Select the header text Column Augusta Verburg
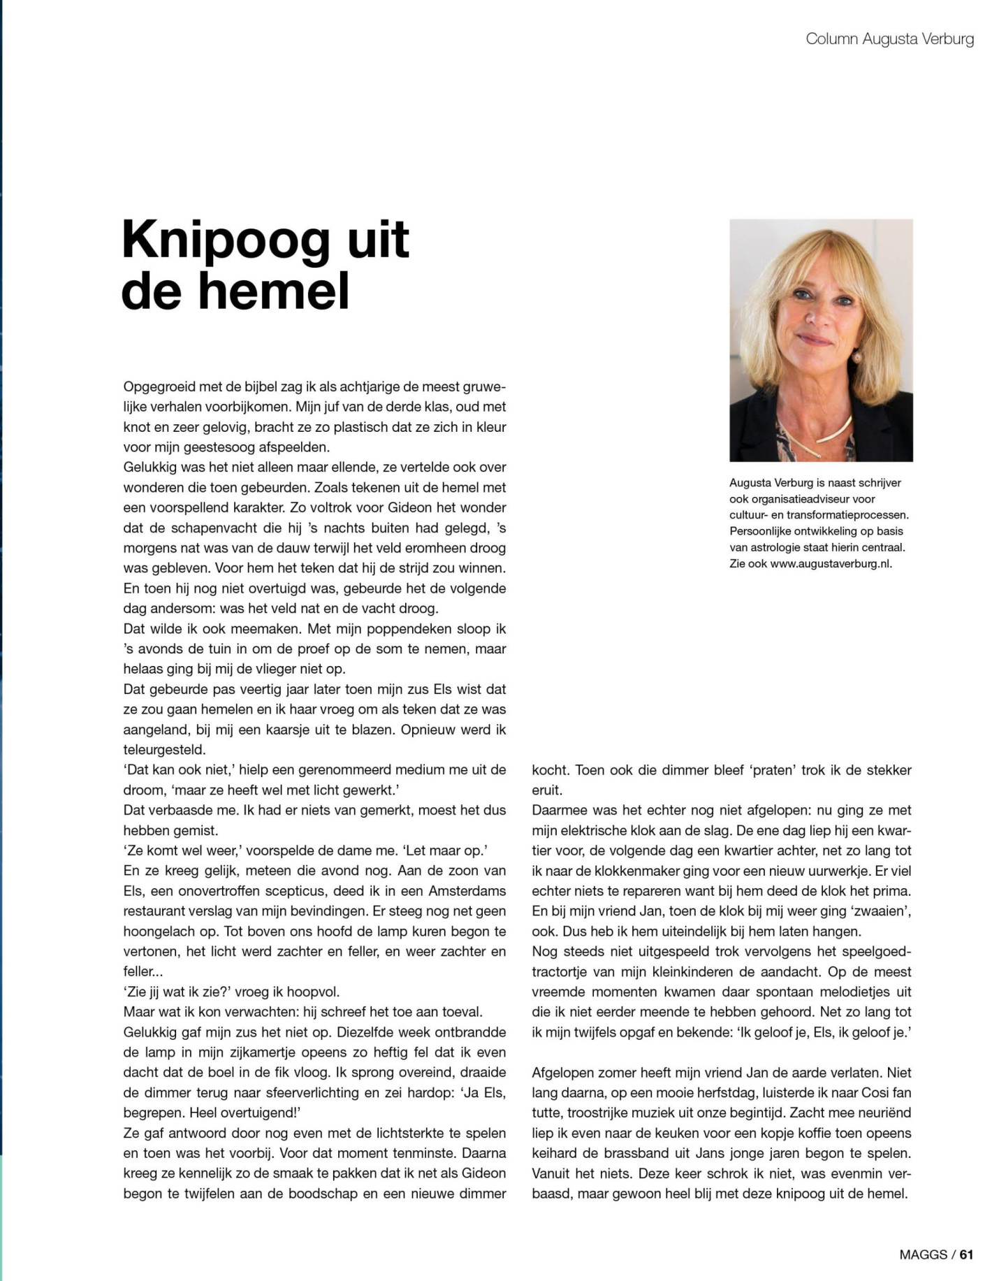(889, 39)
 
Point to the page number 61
(966, 1254)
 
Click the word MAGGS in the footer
(923, 1254)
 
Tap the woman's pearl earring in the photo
(856, 357)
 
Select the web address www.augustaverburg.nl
(831, 563)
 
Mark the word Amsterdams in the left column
(467, 891)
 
